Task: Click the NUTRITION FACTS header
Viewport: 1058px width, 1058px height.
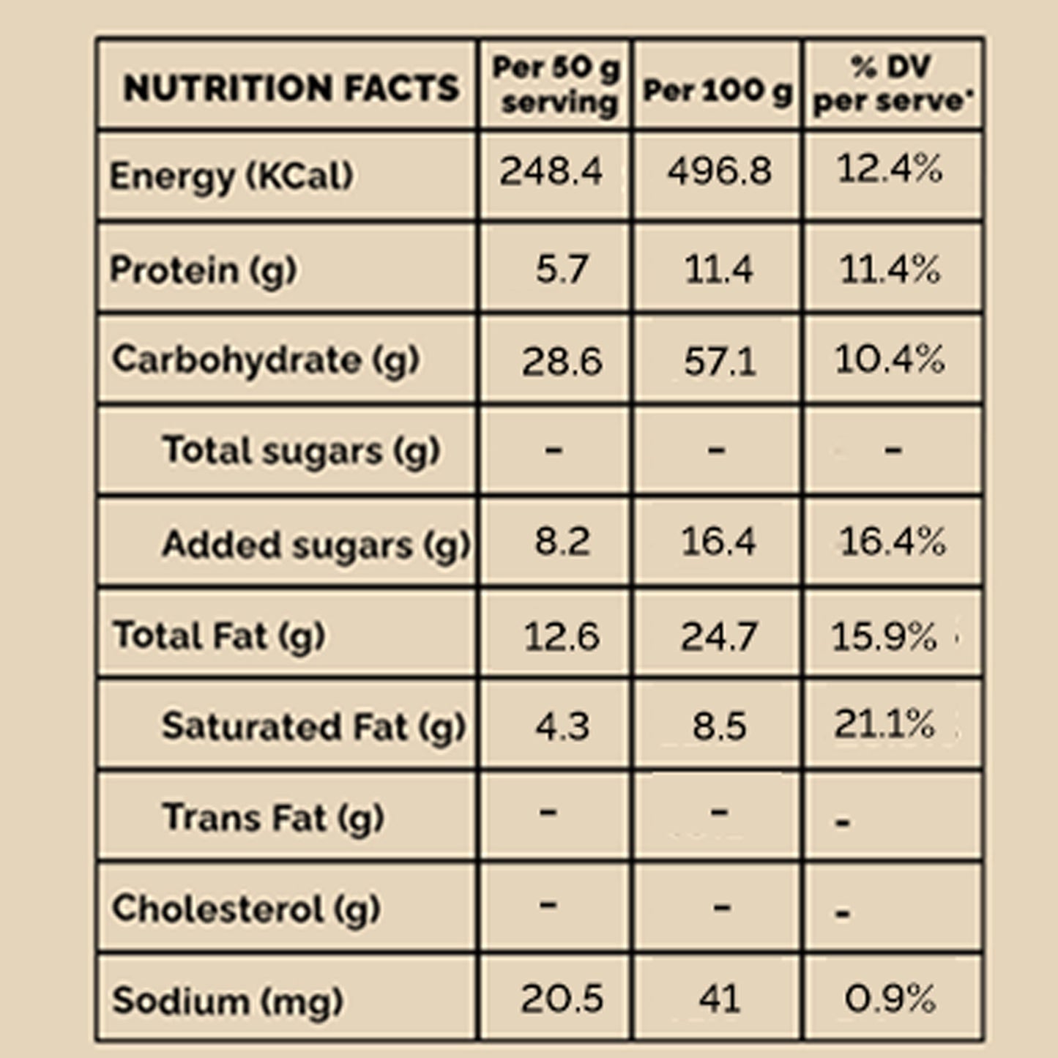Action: click(x=291, y=88)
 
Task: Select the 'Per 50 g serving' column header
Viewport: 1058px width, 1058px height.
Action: click(x=556, y=85)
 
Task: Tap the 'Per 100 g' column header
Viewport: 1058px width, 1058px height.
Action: click(x=717, y=91)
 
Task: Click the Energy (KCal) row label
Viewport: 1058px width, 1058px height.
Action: click(x=231, y=176)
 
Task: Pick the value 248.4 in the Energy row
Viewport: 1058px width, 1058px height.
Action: click(x=551, y=172)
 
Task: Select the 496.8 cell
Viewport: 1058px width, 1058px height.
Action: click(x=719, y=172)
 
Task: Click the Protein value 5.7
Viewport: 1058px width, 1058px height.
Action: click(x=561, y=269)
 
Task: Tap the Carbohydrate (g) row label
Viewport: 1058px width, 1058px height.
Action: click(x=265, y=360)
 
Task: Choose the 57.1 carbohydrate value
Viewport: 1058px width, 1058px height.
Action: click(x=719, y=361)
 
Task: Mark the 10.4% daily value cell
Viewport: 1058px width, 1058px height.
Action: click(x=889, y=360)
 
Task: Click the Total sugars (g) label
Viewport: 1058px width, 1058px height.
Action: click(x=301, y=450)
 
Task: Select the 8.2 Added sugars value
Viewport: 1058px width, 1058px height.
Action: click(x=562, y=543)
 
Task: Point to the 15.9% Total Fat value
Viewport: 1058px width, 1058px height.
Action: click(x=884, y=636)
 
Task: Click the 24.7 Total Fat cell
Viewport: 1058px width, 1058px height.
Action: click(x=718, y=636)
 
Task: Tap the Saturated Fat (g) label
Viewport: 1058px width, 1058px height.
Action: click(x=313, y=727)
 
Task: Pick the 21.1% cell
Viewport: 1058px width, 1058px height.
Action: click(x=884, y=724)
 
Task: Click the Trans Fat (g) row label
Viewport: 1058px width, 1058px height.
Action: click(x=273, y=818)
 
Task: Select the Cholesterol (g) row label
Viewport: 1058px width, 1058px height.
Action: click(x=246, y=909)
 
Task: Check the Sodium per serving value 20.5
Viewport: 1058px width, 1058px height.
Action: click(x=562, y=999)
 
